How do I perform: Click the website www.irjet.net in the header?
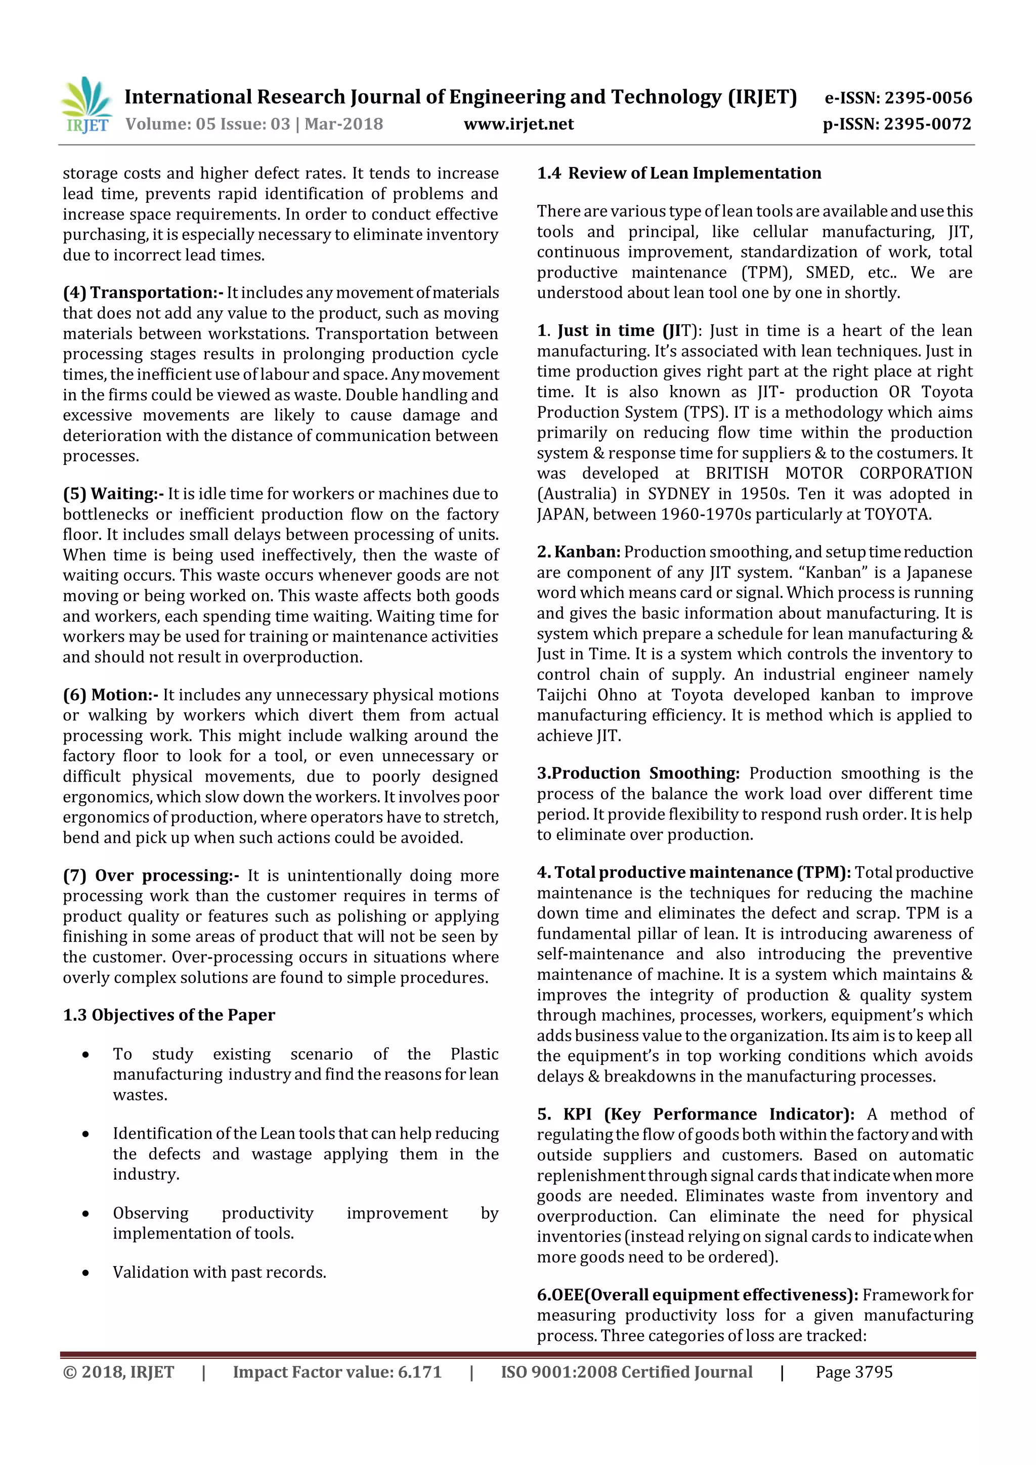518,124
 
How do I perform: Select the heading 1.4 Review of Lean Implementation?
679,173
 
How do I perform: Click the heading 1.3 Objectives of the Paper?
169,1015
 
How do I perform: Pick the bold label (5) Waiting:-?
113,493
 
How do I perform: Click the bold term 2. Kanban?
578,551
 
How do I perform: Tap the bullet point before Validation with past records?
85,1273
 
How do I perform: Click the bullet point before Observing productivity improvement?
85,1214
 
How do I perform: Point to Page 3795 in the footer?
853,1372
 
